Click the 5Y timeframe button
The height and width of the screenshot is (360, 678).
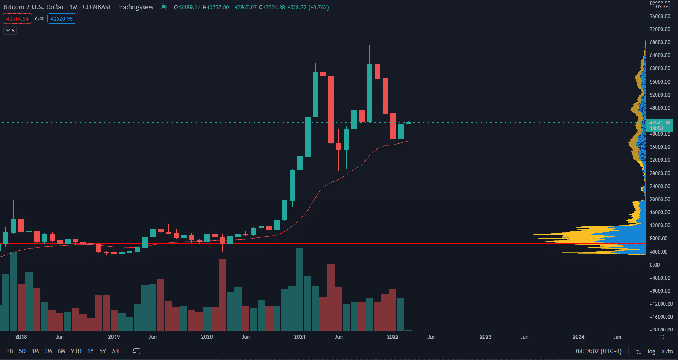coord(103,351)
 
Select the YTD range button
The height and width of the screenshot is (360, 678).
coord(76,351)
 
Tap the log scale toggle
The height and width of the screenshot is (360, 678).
coord(651,351)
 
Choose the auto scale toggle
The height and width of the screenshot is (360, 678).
coord(667,351)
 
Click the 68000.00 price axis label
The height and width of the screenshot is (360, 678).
coord(660,42)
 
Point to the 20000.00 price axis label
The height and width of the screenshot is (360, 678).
coord(660,200)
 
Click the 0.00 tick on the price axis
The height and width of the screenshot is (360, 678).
coord(654,265)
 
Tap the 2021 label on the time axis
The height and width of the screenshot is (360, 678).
coord(300,337)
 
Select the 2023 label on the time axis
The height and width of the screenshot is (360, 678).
coord(485,337)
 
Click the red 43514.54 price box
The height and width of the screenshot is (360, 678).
coord(17,19)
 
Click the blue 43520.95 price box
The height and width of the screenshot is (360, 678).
coord(62,19)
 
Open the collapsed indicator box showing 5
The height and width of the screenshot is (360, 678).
coord(10,31)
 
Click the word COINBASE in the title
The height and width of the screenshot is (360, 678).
coord(97,7)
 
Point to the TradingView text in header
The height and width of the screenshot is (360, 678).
coord(135,7)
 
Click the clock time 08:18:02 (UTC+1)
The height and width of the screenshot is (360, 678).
coord(599,351)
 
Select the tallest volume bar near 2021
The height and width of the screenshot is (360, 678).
coord(300,290)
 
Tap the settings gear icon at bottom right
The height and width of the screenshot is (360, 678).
coord(662,337)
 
